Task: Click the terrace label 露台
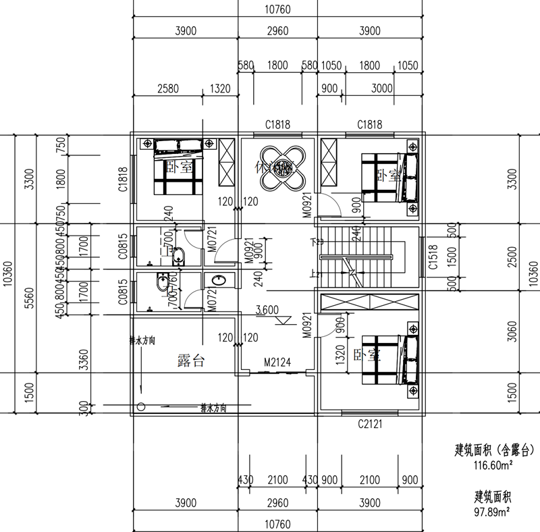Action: [x=190, y=361]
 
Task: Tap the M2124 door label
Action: [x=277, y=363]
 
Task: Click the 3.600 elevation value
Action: [x=267, y=311]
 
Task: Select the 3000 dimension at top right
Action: [x=382, y=88]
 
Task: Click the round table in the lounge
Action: [x=277, y=167]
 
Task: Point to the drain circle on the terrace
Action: [x=141, y=407]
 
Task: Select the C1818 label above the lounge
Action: [x=277, y=124]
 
